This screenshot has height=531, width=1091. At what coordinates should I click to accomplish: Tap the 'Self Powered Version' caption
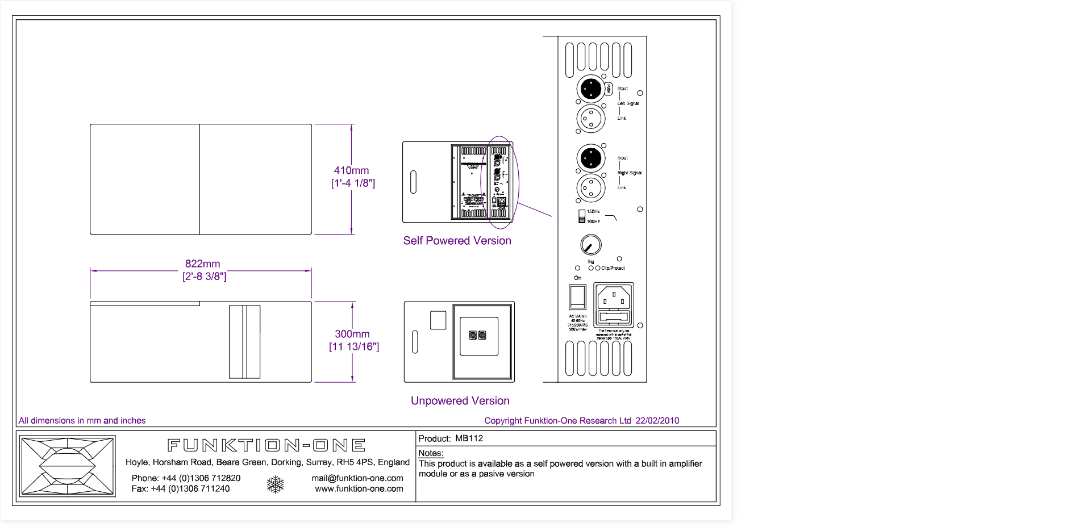(x=457, y=241)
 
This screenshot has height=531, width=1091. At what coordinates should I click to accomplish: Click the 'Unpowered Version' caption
(x=460, y=401)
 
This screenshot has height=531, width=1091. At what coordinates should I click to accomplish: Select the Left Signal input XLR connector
(x=590, y=89)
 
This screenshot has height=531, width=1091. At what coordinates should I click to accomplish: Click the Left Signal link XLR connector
(x=591, y=119)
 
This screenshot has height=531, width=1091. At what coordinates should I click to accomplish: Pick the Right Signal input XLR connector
(x=590, y=158)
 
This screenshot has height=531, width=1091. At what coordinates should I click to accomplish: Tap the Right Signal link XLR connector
(x=591, y=188)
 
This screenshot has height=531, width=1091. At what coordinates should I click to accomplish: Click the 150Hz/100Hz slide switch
(x=582, y=216)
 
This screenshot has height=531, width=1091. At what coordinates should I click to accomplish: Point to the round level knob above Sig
(x=591, y=245)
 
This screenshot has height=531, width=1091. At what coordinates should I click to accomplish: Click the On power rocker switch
(x=577, y=296)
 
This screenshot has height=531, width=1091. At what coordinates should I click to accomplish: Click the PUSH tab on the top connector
(x=609, y=89)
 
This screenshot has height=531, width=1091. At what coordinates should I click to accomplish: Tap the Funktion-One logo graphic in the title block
(x=68, y=466)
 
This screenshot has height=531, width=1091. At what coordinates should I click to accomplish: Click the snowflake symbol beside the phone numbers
(x=276, y=484)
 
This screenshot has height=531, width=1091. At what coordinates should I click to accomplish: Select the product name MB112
(x=469, y=438)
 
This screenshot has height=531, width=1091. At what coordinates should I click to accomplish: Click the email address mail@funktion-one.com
(x=357, y=478)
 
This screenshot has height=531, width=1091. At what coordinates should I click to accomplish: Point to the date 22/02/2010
(x=657, y=421)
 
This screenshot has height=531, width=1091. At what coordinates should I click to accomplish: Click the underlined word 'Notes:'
(x=431, y=453)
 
